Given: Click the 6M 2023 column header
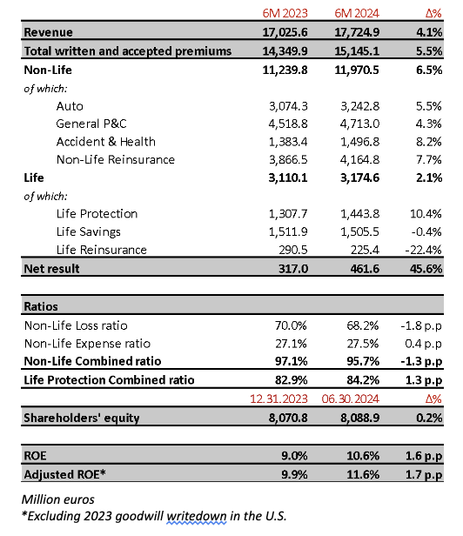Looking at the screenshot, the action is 285,13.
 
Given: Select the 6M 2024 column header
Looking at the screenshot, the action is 357,13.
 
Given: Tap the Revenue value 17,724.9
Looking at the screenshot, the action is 357,32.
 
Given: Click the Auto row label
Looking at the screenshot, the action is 70,106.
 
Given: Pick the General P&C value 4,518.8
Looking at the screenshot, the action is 288,124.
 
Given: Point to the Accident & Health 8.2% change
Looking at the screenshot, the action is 429,142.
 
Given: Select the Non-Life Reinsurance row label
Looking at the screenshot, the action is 116,159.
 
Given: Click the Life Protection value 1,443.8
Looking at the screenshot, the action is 359,214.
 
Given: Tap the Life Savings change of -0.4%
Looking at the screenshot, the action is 426,231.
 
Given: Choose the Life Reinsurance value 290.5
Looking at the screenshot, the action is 293,250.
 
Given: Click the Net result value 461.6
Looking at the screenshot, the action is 365,269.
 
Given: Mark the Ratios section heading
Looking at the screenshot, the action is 41,306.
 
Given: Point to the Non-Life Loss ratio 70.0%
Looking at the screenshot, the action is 291,325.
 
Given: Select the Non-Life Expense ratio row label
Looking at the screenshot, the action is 87,344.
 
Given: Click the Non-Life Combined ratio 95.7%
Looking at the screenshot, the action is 363,361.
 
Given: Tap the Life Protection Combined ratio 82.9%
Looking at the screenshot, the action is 291,380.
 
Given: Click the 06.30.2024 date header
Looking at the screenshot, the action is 351,399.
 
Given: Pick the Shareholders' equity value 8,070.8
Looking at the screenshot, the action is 288,418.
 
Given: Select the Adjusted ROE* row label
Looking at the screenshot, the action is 64,474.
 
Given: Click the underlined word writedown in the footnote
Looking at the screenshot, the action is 197,516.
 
